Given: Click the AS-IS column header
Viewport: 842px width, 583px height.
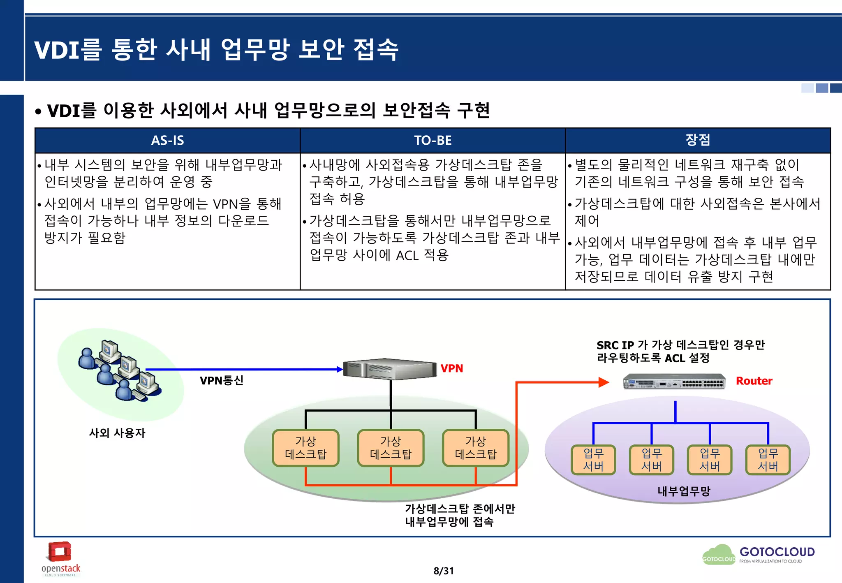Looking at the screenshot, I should tap(167, 141).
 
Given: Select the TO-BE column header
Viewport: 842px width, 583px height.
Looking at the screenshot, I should tap(433, 141).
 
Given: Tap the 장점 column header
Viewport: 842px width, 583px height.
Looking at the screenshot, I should tap(698, 140).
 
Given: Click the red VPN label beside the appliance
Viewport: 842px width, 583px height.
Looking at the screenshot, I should tap(451, 368).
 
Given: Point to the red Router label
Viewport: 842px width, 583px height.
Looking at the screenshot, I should tap(754, 381).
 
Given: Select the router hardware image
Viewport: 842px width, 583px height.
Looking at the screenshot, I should tap(674, 382).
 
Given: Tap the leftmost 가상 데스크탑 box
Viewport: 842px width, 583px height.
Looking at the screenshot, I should tap(305, 448).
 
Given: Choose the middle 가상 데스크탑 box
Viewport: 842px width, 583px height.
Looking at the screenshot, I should tap(391, 448).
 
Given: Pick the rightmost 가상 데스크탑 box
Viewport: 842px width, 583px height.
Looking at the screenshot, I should tap(476, 448).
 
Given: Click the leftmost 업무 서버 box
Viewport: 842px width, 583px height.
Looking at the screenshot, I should tap(593, 460).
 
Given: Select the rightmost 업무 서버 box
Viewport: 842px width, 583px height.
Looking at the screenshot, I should tap(768, 460).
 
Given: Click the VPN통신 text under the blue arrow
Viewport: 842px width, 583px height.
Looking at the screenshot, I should tap(221, 380).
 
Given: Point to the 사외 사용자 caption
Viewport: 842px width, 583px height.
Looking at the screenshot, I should tap(117, 433).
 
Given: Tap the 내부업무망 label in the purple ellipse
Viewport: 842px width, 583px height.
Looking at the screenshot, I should tap(684, 491).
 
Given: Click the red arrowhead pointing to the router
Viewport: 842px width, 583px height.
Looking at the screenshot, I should tap(603, 382).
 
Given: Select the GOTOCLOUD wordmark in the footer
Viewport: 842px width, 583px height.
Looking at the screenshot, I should tap(777, 552).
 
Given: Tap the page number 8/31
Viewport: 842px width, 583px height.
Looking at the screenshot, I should tap(443, 571).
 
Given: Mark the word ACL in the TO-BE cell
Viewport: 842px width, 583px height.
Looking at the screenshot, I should tap(407, 256).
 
